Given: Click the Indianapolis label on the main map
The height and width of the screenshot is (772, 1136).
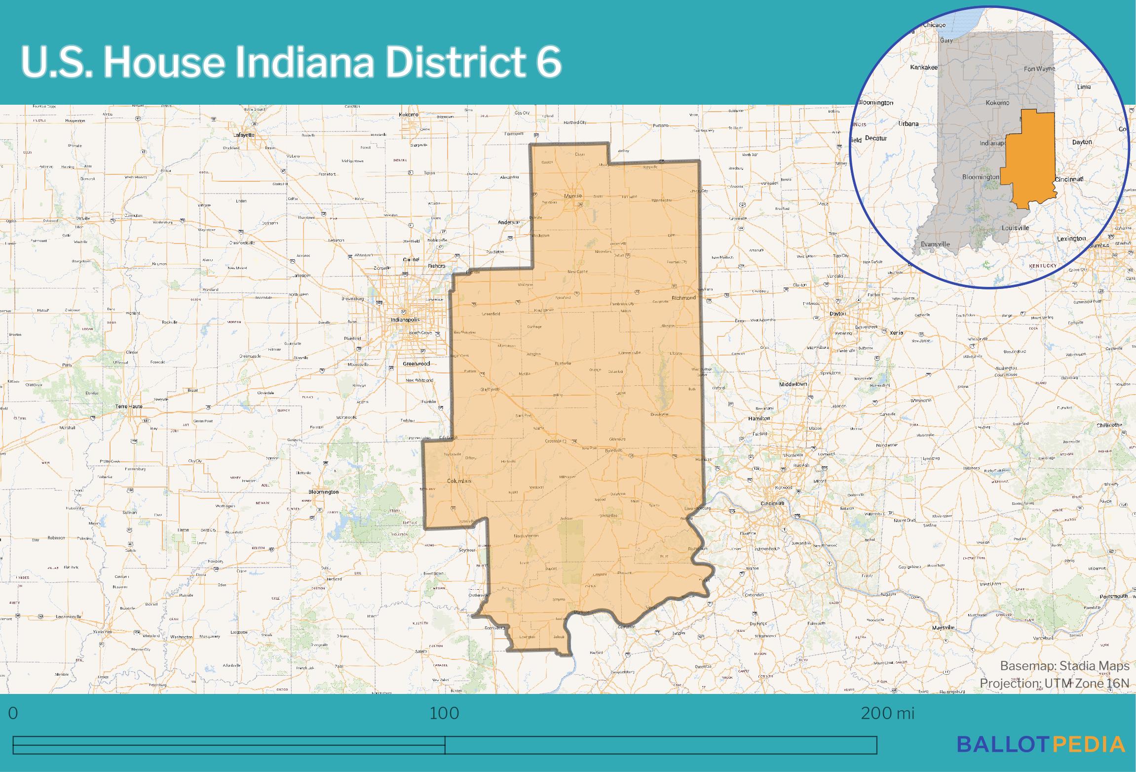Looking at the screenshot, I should [405, 320].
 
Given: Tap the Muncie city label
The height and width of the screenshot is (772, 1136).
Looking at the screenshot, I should [573, 196].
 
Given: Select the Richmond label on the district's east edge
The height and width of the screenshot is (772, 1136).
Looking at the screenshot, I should [683, 298].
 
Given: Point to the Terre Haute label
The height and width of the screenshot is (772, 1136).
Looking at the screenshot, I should [129, 406].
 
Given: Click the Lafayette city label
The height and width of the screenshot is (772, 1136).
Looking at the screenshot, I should [244, 135].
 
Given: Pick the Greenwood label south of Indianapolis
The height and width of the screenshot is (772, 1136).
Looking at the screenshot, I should [417, 364].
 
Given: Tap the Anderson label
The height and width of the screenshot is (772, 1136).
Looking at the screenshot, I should [509, 222].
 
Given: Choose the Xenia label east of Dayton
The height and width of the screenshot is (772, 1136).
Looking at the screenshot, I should [896, 332].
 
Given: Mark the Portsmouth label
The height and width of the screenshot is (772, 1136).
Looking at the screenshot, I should [1114, 596].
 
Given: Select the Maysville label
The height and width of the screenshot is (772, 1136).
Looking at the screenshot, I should [943, 627].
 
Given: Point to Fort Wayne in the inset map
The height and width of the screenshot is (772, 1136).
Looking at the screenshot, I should [1039, 69].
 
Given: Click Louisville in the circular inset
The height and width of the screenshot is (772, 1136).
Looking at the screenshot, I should [1015, 228].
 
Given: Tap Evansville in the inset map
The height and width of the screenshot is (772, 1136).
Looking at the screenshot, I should [935, 244].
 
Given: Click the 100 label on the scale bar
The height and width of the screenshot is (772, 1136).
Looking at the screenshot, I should [444, 713].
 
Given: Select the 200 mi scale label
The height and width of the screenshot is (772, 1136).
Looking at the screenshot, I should [887, 713].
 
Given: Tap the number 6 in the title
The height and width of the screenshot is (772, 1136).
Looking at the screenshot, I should [548, 62].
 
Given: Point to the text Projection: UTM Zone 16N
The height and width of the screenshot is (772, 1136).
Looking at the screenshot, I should [1054, 683].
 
